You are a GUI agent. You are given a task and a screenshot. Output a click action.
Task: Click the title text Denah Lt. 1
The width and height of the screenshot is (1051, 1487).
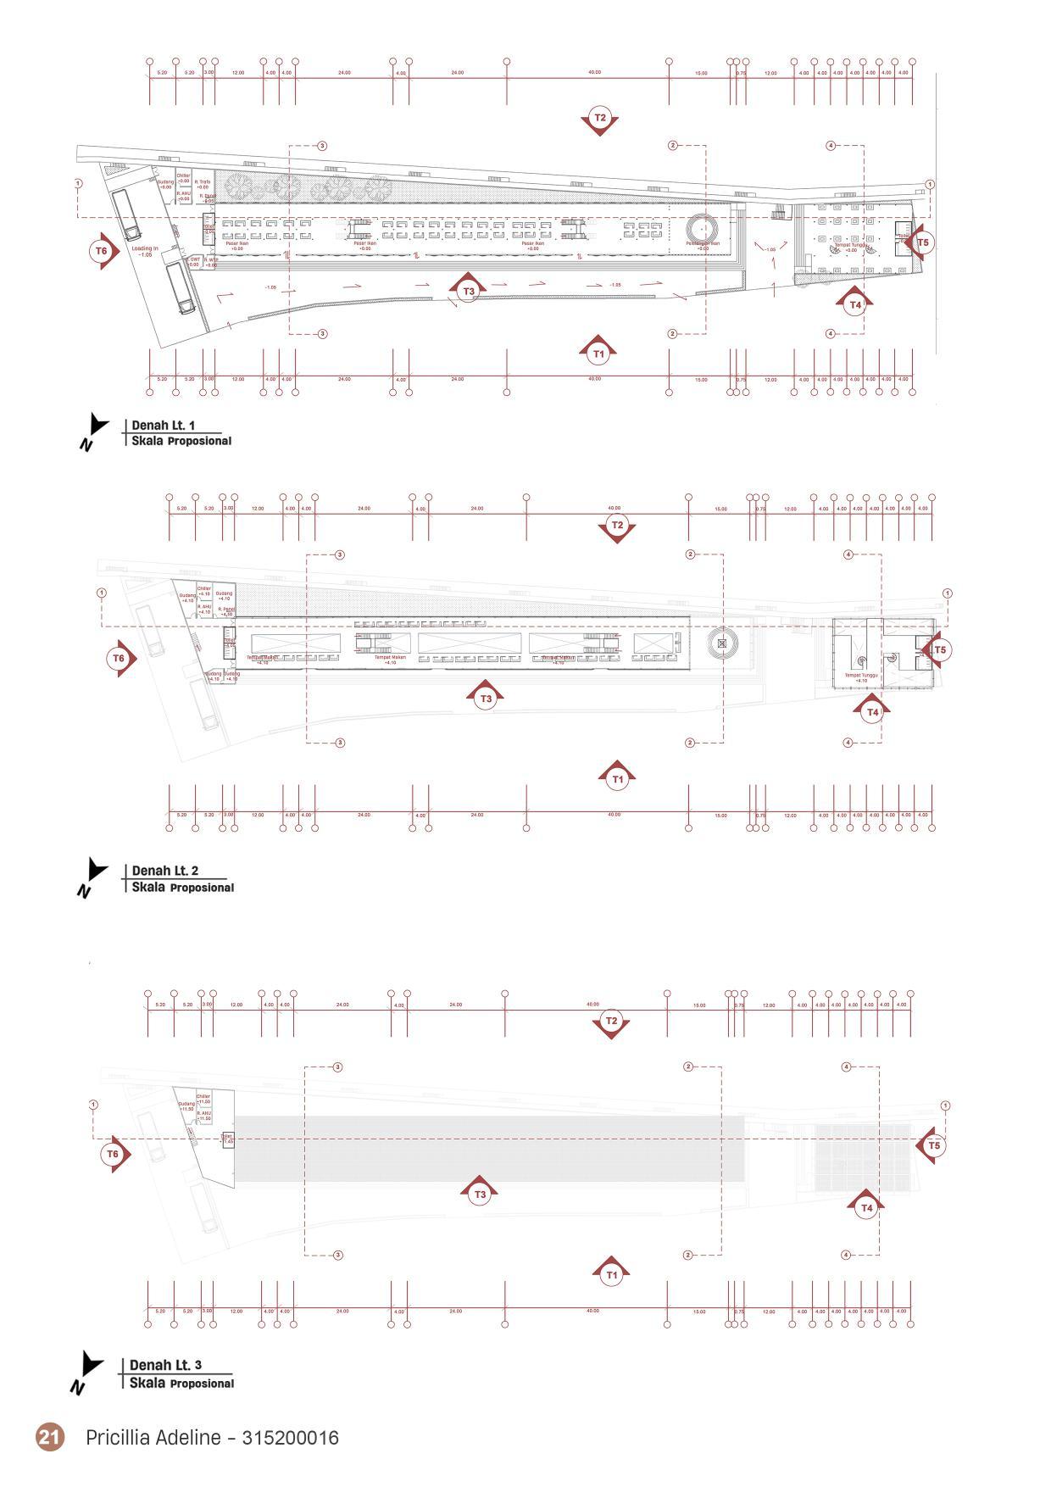coord(163,426)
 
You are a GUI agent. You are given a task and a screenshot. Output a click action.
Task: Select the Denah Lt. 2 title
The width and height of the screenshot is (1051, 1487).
coord(164,871)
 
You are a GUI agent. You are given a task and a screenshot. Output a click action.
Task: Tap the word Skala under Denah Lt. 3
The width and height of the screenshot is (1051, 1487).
coord(147,1383)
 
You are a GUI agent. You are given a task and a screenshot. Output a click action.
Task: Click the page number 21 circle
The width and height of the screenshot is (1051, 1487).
coord(49,1437)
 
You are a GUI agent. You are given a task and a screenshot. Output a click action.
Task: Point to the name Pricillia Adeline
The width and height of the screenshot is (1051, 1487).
coord(153,1438)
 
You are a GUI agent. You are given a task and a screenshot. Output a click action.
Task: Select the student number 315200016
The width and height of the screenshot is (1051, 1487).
coord(290,1438)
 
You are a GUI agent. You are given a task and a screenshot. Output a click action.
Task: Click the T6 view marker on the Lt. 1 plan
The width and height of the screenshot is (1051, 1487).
coord(102,251)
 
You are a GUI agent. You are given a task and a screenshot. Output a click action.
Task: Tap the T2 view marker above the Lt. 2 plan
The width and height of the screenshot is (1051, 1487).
coord(617,526)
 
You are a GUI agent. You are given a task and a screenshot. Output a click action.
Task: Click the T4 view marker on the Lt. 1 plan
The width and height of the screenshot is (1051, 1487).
coord(855,304)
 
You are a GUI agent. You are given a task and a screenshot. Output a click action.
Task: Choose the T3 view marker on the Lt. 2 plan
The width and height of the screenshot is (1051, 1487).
coord(486,699)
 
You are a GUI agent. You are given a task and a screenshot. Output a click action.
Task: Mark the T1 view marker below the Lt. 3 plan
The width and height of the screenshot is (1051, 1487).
coord(612,1274)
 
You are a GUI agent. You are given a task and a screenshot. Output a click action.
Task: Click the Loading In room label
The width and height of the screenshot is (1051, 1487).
coord(145,251)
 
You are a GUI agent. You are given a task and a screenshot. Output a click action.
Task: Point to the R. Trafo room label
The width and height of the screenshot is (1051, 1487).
coord(203,184)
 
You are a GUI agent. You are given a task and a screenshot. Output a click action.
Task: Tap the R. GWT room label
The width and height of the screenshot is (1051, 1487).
coord(193,261)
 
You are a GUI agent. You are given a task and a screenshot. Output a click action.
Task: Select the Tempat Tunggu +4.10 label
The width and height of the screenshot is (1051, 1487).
coord(861,677)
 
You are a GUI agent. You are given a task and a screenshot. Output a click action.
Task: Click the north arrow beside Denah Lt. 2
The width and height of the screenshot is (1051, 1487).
coord(94,873)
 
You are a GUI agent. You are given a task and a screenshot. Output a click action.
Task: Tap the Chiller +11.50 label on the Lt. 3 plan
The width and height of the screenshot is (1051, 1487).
coord(203,1099)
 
